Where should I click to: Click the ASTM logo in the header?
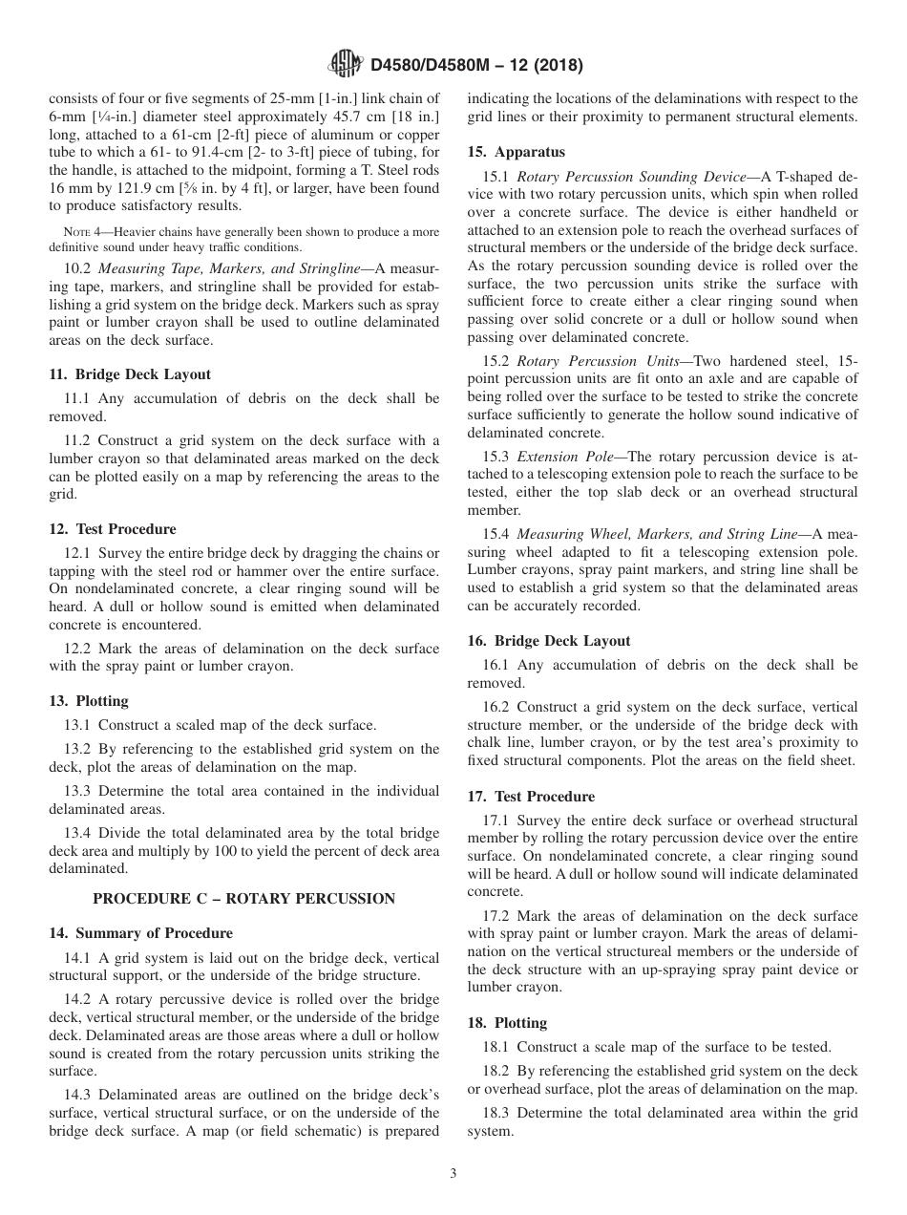point(345,65)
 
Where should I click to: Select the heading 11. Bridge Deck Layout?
point(130,374)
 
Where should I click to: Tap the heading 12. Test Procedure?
point(113,529)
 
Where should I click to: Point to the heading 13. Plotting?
point(89,701)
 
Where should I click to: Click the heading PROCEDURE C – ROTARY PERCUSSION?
point(243,899)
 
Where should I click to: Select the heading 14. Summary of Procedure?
point(140,933)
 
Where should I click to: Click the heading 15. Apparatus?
point(516,152)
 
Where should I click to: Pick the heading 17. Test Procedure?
point(531,797)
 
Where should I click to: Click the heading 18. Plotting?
point(507,1023)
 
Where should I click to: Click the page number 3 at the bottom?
point(453,1175)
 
